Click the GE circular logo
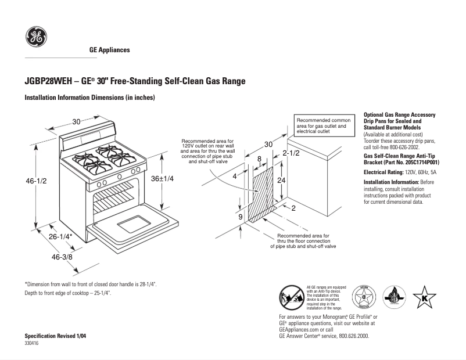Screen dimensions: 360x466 point(36,38)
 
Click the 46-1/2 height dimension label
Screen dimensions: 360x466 point(36,181)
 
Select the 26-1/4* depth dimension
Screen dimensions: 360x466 point(59,237)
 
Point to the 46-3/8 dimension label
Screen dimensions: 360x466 point(62,256)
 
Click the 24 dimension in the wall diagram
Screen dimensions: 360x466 point(281,181)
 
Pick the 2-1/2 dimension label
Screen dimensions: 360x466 point(291,153)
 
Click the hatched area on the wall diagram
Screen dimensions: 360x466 point(260,195)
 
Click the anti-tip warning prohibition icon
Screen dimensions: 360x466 point(291,298)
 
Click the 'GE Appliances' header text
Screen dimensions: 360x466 point(109,50)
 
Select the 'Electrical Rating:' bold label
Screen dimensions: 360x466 point(384,172)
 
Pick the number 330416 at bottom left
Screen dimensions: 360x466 point(33,344)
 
